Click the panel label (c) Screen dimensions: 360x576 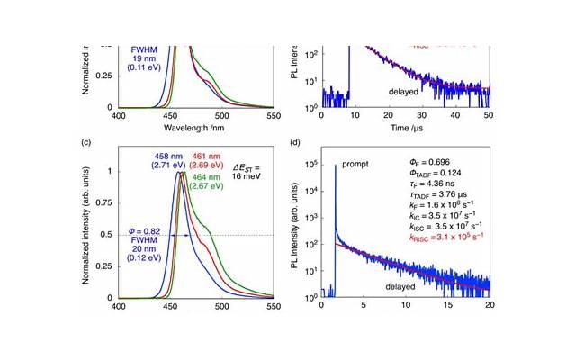pyautogui.click(x=86, y=142)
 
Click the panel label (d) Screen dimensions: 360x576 pyautogui.click(x=297, y=142)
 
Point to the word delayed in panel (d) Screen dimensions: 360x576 pyautogui.click(x=408, y=286)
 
